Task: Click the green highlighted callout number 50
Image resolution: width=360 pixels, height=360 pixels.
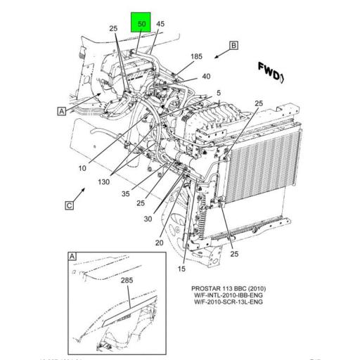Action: [x=141, y=24]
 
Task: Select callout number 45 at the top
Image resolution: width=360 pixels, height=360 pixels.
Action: [x=160, y=24]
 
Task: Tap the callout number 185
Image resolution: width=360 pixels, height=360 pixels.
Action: [x=195, y=56]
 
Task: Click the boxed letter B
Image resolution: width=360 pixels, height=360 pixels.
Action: [x=233, y=46]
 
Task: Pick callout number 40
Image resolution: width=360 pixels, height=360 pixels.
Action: [x=206, y=77]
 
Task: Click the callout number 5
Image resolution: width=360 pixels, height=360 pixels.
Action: [x=219, y=93]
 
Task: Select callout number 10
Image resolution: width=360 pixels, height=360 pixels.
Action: [x=82, y=168]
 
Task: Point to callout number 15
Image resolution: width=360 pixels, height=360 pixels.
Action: [x=182, y=269]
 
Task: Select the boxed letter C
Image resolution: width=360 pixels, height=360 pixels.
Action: [x=69, y=205]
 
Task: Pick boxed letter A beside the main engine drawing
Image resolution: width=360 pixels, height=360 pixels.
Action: [x=61, y=110]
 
